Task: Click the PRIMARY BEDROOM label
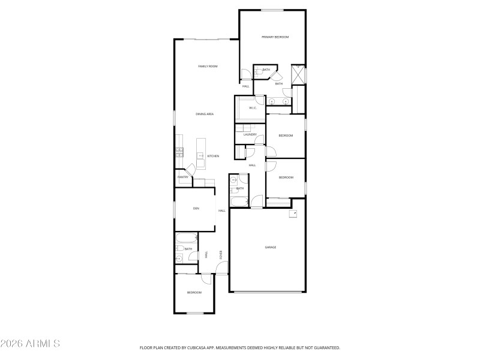click(x=275, y=37)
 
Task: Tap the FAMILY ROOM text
click(x=208, y=66)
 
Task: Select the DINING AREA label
click(x=205, y=114)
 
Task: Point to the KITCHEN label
click(x=213, y=156)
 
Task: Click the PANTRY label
click(x=183, y=177)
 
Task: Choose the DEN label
click(x=196, y=208)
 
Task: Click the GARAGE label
click(x=271, y=247)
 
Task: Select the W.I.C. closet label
click(x=253, y=108)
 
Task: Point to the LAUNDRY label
click(x=250, y=135)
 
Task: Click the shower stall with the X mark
click(x=298, y=75)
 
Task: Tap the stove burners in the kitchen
click(x=179, y=153)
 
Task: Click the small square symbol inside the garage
click(x=293, y=212)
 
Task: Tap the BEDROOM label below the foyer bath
click(x=194, y=292)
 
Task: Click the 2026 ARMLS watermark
click(x=30, y=344)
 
